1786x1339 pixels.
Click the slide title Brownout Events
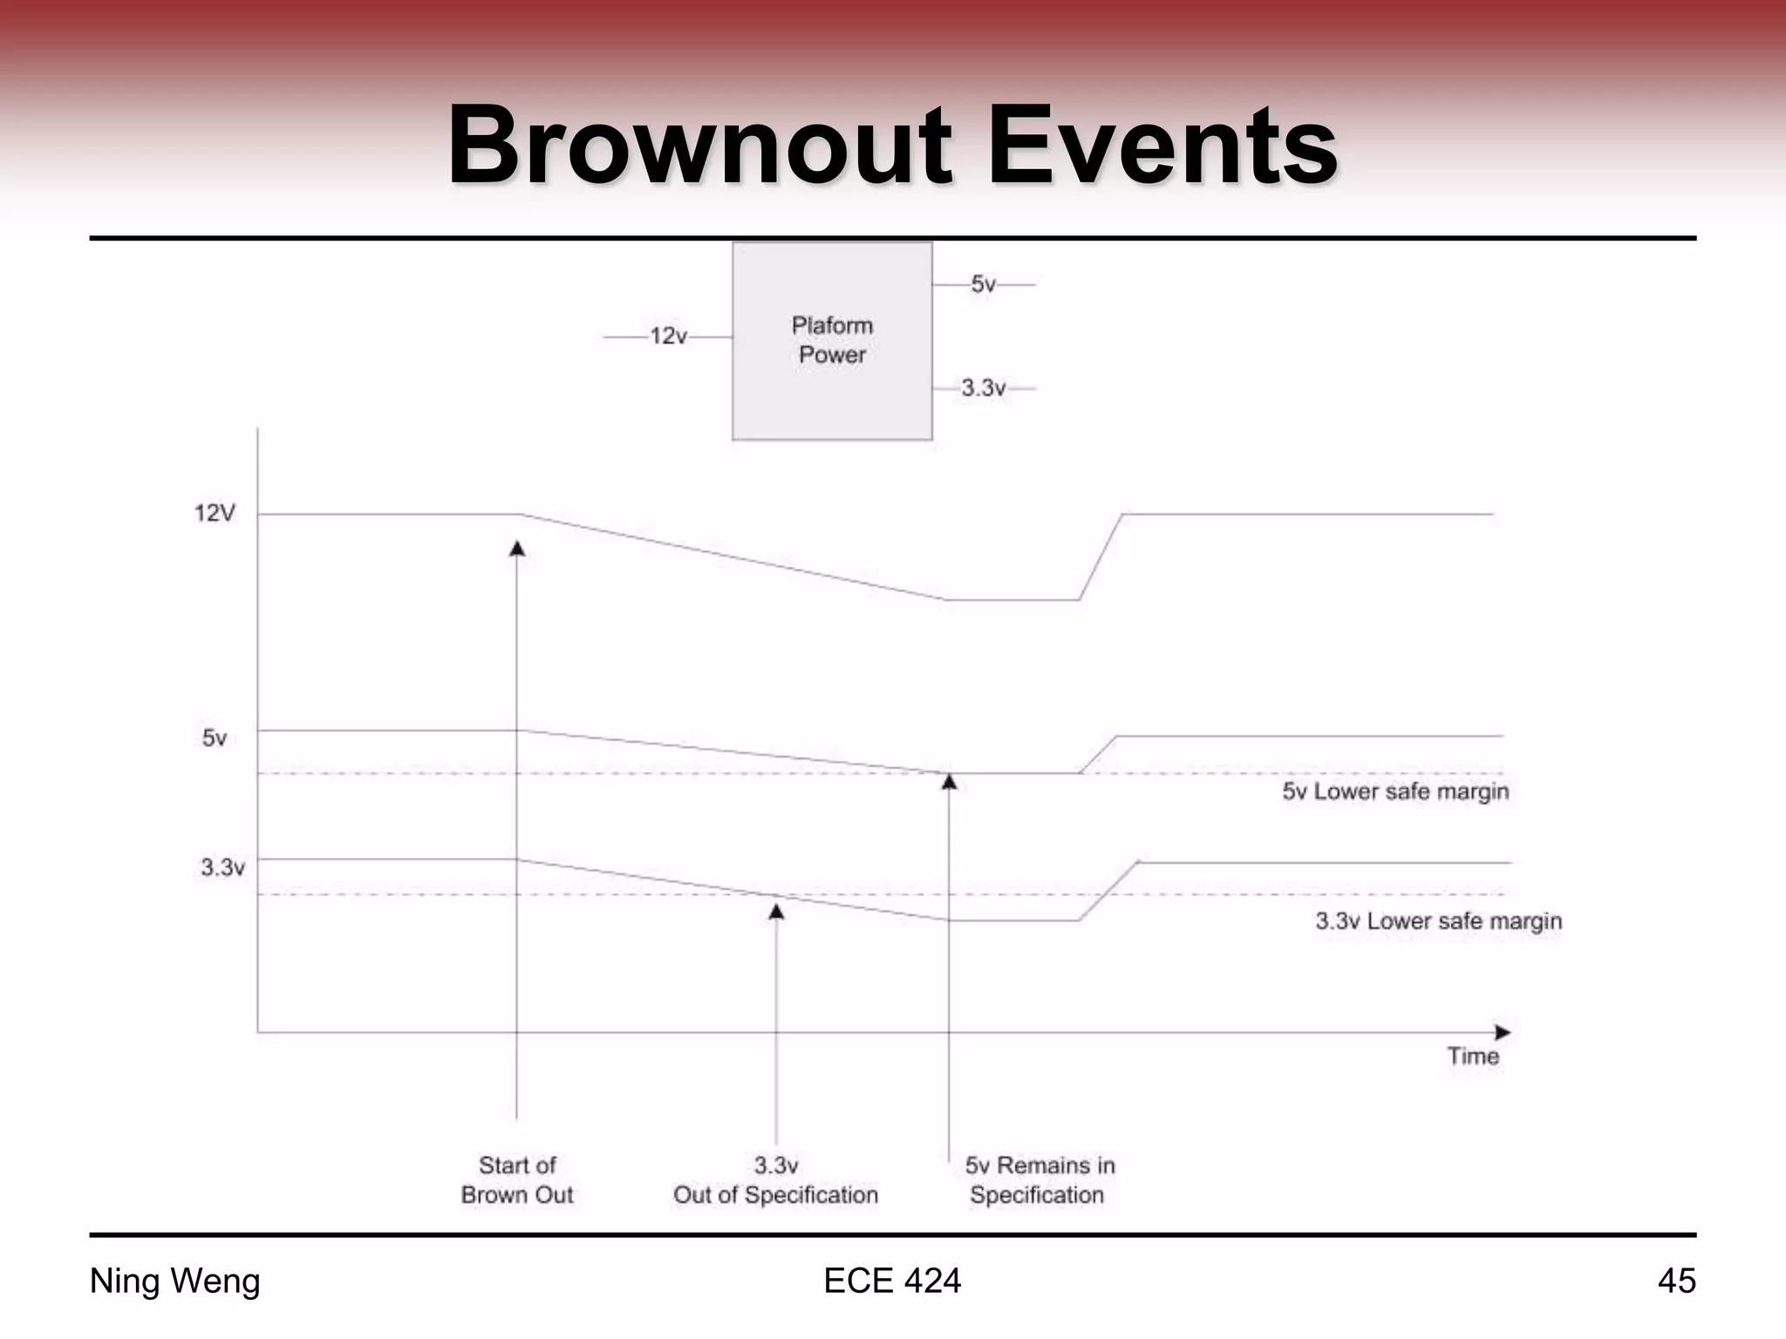coord(892,146)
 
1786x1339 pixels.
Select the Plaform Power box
coord(832,341)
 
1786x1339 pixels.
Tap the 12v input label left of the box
coord(669,336)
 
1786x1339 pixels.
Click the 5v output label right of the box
coord(984,284)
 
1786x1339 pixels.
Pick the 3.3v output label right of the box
coord(984,388)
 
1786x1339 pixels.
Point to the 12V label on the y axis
coord(215,513)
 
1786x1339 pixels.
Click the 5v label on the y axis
coord(215,738)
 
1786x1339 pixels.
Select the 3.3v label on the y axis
coord(222,867)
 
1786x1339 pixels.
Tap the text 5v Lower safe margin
coord(1395,792)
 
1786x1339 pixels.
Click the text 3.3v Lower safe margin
coord(1439,921)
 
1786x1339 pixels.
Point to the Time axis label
coord(1473,1057)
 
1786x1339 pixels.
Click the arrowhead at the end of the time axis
coord(1503,1033)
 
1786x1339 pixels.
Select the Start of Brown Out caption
coord(517,1180)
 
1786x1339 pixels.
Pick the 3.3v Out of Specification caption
coord(775,1180)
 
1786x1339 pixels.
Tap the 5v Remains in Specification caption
coord(1039,1180)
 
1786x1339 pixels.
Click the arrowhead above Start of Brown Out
coord(517,548)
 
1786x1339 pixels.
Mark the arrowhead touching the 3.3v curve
coord(776,912)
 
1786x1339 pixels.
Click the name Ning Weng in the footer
coord(175,1281)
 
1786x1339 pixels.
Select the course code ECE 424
coord(892,1281)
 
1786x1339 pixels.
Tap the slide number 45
coord(1676,1281)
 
